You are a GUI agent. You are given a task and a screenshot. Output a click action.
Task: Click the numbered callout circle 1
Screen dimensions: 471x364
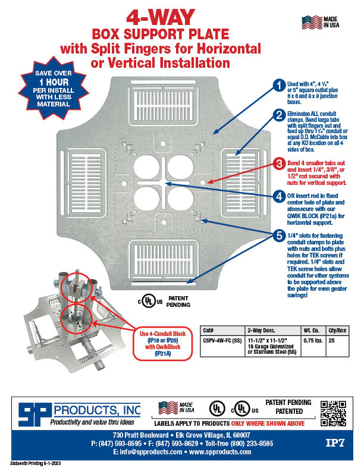[278, 86]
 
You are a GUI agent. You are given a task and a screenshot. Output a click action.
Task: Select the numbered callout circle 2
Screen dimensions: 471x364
[278, 115]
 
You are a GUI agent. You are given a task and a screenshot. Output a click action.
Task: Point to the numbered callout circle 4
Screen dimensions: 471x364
[278, 196]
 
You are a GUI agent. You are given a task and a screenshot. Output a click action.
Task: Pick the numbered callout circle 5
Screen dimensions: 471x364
[278, 235]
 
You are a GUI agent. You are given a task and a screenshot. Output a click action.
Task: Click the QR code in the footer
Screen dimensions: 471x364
[332, 414]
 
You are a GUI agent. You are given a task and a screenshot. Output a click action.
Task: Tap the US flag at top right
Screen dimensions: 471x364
[311, 23]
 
